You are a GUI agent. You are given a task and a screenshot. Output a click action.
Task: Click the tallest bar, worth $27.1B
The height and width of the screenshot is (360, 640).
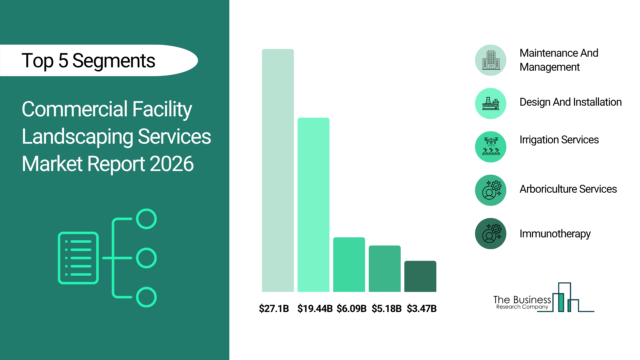pos(278,170)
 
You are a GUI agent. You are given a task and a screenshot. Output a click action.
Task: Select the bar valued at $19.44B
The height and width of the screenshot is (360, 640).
pos(313,205)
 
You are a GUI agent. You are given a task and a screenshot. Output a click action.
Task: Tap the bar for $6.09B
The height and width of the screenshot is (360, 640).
pos(349,265)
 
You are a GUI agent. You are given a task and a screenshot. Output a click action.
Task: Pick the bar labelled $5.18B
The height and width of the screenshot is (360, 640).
pos(385,269)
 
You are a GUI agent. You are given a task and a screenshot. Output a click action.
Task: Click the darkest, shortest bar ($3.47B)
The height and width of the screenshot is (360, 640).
pos(420,276)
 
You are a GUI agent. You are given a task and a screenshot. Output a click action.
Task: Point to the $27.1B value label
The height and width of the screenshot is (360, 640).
pos(274,309)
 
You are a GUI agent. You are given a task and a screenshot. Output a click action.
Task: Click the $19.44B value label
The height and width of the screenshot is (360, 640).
pos(315,309)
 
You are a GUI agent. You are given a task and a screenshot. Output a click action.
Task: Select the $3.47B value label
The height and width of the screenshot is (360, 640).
pos(422,309)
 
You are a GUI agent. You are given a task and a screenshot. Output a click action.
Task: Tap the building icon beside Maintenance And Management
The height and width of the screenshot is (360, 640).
pos(491,60)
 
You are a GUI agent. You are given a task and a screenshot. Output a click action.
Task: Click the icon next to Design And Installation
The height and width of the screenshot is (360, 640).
pos(491,104)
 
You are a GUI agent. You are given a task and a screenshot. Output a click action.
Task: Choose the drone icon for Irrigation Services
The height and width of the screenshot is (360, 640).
pos(491,147)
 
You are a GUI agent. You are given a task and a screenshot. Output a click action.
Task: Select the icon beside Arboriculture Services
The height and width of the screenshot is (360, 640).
pos(491,190)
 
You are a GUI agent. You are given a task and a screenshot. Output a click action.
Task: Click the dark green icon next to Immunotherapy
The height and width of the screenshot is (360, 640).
pos(491,234)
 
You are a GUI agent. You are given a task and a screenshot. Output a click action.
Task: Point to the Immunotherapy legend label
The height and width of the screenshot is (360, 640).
pos(555,234)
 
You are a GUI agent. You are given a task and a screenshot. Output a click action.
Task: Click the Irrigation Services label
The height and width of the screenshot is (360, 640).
pos(559,140)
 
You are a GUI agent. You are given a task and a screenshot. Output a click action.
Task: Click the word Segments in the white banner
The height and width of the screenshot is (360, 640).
pos(114,61)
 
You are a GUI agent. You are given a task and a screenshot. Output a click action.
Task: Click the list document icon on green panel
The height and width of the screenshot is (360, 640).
pos(78,258)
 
